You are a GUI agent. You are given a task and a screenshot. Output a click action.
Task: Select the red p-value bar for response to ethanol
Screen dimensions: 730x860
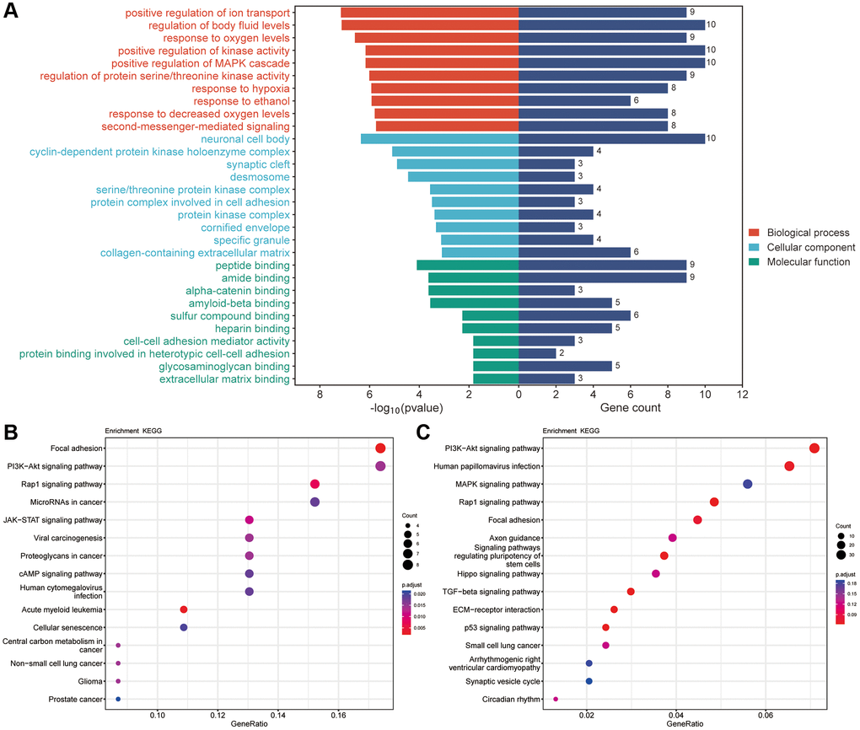[x=445, y=101]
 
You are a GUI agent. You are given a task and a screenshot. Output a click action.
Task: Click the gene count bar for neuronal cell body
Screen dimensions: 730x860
[x=611, y=139]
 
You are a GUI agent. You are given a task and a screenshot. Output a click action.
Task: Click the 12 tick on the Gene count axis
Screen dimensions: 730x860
[x=742, y=394]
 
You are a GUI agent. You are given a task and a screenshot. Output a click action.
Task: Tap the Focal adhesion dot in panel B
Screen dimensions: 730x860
[x=380, y=449]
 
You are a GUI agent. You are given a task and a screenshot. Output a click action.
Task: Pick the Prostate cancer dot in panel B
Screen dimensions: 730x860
[x=118, y=699]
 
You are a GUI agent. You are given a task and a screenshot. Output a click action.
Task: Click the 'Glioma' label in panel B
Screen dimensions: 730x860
[x=89, y=681]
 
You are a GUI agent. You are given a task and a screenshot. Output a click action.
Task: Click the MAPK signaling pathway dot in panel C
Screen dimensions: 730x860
[x=747, y=484]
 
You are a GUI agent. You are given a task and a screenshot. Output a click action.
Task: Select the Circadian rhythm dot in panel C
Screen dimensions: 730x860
[x=556, y=699]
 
